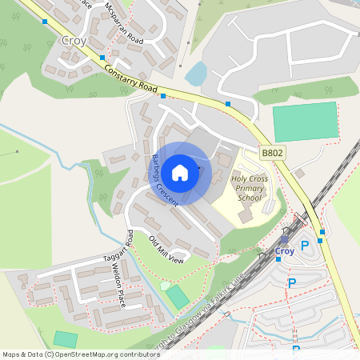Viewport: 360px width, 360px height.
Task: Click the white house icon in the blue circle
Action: point(180,172)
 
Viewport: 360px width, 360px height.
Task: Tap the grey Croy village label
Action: point(74,40)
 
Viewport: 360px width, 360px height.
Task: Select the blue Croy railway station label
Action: point(284,251)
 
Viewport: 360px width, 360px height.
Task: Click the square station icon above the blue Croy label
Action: point(284,238)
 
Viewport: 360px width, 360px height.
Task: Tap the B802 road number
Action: point(272,152)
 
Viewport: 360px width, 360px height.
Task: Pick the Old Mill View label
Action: point(166,249)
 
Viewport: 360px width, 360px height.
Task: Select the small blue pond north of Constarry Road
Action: point(196,75)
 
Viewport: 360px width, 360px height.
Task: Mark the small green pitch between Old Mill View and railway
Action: point(178,298)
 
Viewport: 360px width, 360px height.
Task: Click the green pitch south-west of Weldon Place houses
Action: point(66,339)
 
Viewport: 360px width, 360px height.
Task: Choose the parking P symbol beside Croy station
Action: point(304,246)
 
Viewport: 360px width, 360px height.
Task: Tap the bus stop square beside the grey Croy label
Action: point(102,58)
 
